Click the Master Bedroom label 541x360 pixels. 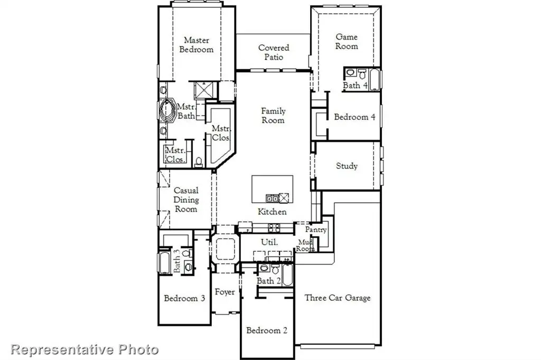tap(196, 45)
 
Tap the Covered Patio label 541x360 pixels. tap(273, 52)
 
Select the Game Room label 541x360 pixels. tap(347, 42)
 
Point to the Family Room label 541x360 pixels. tap(273, 116)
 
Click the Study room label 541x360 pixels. tap(347, 166)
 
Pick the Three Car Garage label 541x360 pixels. tap(338, 298)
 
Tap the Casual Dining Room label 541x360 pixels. tap(186, 200)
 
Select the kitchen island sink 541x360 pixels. tap(272, 198)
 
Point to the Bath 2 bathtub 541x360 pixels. tap(287, 274)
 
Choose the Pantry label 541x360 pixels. tap(316, 230)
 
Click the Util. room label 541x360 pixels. tap(269, 242)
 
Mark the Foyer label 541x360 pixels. tap(225, 292)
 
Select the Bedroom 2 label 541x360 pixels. tap(267, 330)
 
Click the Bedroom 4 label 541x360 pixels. tap(355, 117)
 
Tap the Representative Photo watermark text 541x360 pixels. tap(85, 349)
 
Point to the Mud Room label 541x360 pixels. tap(306, 245)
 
